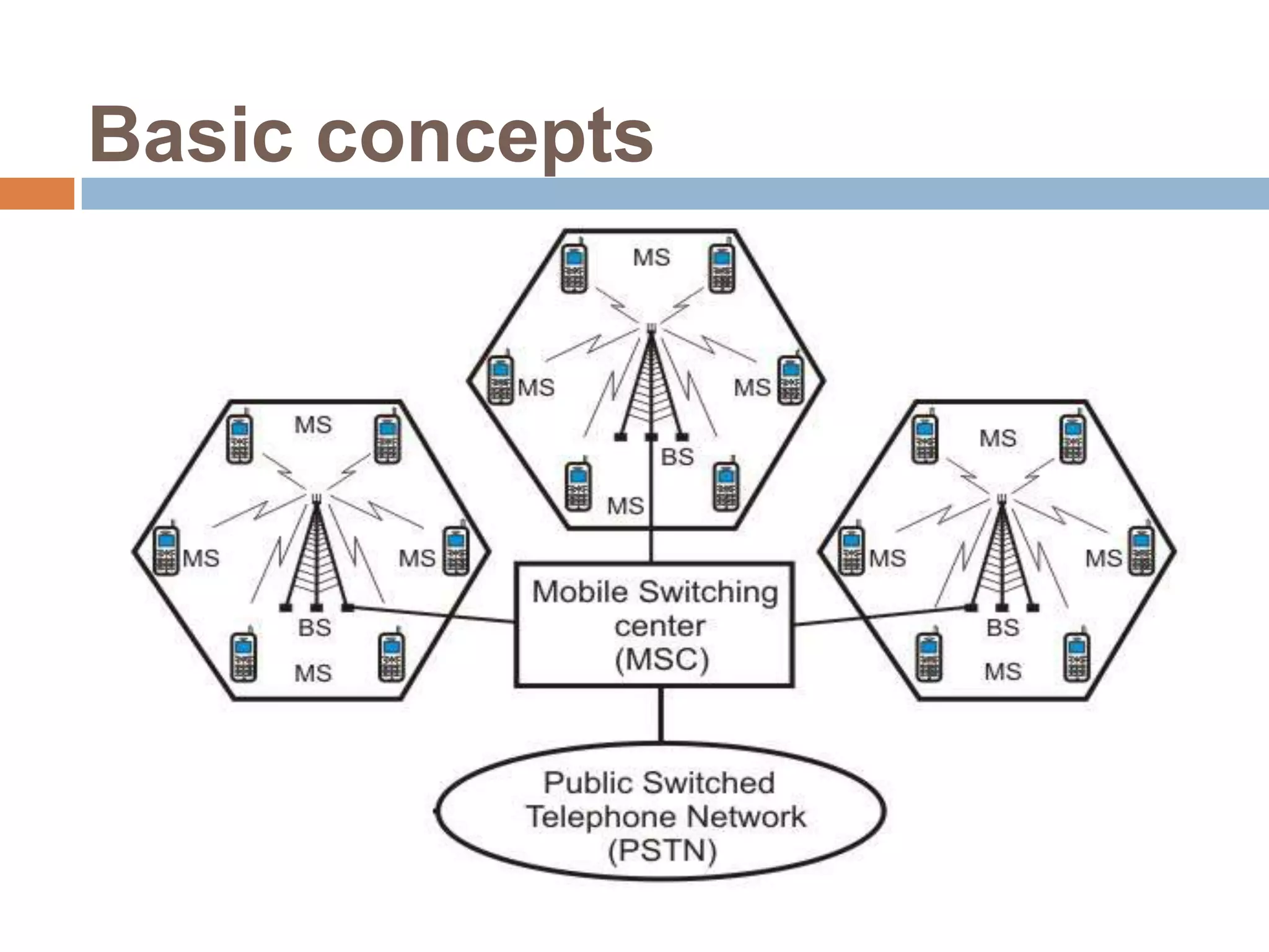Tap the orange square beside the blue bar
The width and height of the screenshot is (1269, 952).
37,193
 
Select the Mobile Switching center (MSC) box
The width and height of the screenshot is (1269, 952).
654,625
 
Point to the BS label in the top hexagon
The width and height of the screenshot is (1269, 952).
677,457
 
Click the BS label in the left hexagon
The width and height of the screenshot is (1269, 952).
315,628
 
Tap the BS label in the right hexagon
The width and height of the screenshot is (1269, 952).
1003,628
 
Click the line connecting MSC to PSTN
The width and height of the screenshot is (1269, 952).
661,714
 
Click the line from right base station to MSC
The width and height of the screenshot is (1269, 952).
880,616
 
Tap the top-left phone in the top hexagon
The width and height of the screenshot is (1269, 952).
574,268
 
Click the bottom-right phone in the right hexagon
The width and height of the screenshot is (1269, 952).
1077,658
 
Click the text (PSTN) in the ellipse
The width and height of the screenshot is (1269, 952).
662,851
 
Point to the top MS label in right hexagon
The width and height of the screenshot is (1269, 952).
998,439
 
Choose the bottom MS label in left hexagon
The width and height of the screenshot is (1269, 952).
313,673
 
